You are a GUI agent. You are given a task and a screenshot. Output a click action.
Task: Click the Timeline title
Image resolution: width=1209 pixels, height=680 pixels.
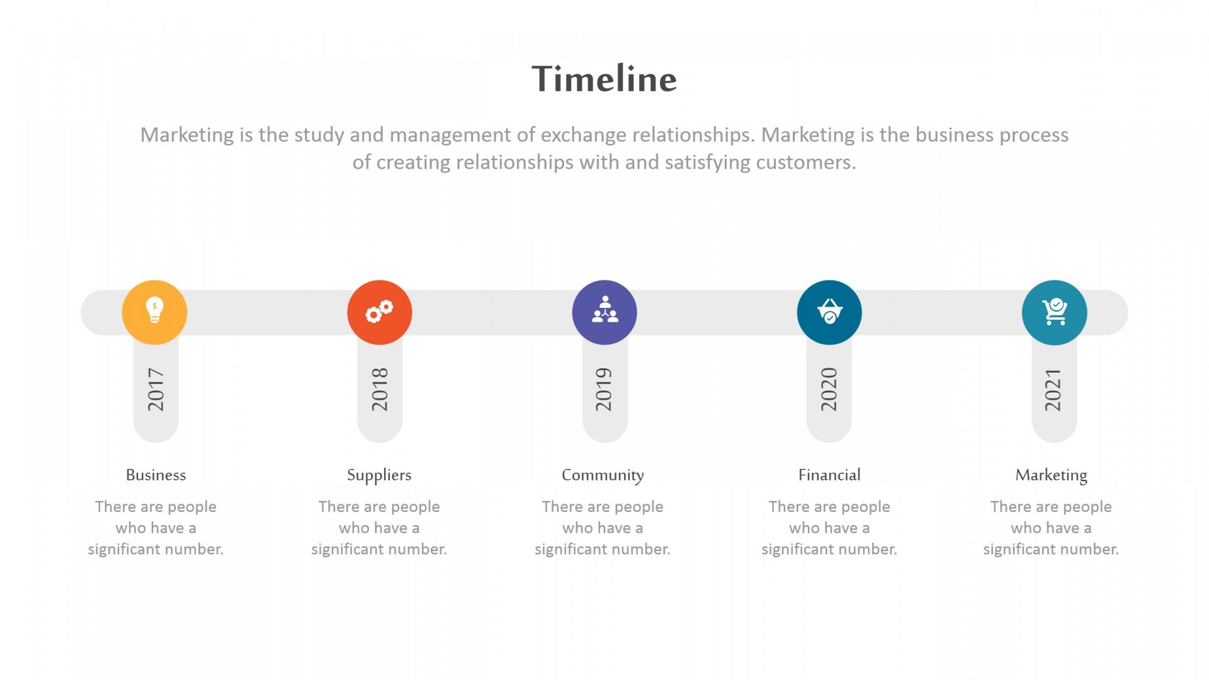(x=604, y=79)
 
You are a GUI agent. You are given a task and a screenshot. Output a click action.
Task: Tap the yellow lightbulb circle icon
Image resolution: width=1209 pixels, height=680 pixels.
(x=154, y=312)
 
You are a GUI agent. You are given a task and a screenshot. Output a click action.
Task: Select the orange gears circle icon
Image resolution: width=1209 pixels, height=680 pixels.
(x=380, y=312)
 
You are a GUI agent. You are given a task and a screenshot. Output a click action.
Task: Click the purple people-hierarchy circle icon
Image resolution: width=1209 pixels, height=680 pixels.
(x=604, y=312)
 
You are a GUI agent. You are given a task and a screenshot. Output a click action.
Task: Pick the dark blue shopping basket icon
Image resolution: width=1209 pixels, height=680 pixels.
(x=829, y=312)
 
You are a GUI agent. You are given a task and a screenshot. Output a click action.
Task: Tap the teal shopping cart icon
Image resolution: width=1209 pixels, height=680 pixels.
(x=1055, y=312)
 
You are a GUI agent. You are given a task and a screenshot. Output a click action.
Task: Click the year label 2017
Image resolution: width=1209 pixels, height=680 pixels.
(x=156, y=390)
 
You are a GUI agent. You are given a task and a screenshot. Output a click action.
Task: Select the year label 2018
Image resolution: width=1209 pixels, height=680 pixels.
(x=380, y=390)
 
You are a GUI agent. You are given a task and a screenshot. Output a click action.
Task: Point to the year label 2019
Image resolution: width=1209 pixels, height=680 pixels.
(x=604, y=390)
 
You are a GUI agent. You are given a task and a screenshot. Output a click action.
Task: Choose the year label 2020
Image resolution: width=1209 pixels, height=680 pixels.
(x=829, y=390)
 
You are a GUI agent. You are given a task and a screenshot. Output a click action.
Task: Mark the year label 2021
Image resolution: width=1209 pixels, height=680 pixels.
(x=1053, y=390)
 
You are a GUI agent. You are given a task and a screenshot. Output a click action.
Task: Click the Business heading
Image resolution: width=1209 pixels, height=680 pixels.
(x=156, y=475)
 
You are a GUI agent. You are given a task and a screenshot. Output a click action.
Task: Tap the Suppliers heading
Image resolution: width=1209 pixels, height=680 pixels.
(x=379, y=475)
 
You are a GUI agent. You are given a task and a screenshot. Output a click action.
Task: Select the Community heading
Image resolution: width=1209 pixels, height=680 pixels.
(x=603, y=475)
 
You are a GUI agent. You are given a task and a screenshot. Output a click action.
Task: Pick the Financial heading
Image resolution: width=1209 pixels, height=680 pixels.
(x=829, y=475)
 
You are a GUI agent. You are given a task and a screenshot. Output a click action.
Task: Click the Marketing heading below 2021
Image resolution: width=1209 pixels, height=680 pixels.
(x=1051, y=475)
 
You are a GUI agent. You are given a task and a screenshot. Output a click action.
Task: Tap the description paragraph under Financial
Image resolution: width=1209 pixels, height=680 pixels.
(x=829, y=528)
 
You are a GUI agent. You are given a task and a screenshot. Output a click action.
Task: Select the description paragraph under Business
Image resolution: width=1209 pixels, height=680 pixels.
(x=156, y=528)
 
